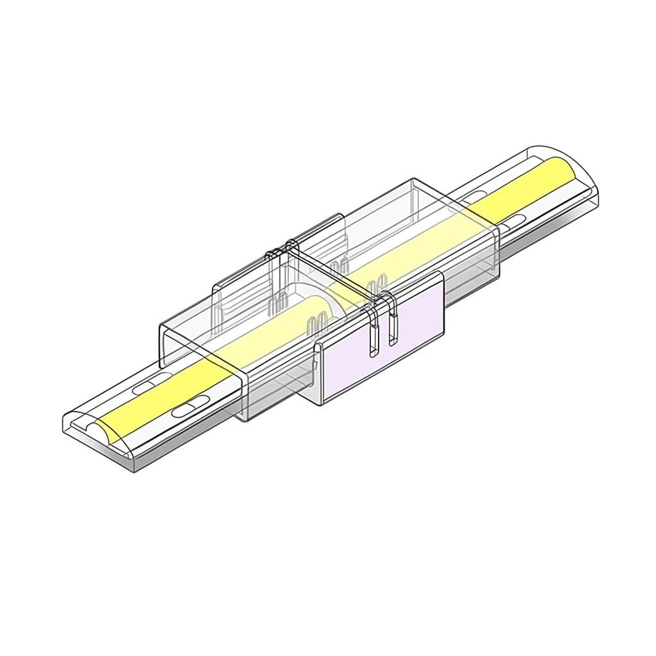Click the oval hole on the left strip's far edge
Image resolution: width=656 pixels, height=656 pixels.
pyautogui.click(x=145, y=388)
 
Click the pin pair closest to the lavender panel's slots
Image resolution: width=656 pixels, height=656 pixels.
pyautogui.click(x=378, y=282)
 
